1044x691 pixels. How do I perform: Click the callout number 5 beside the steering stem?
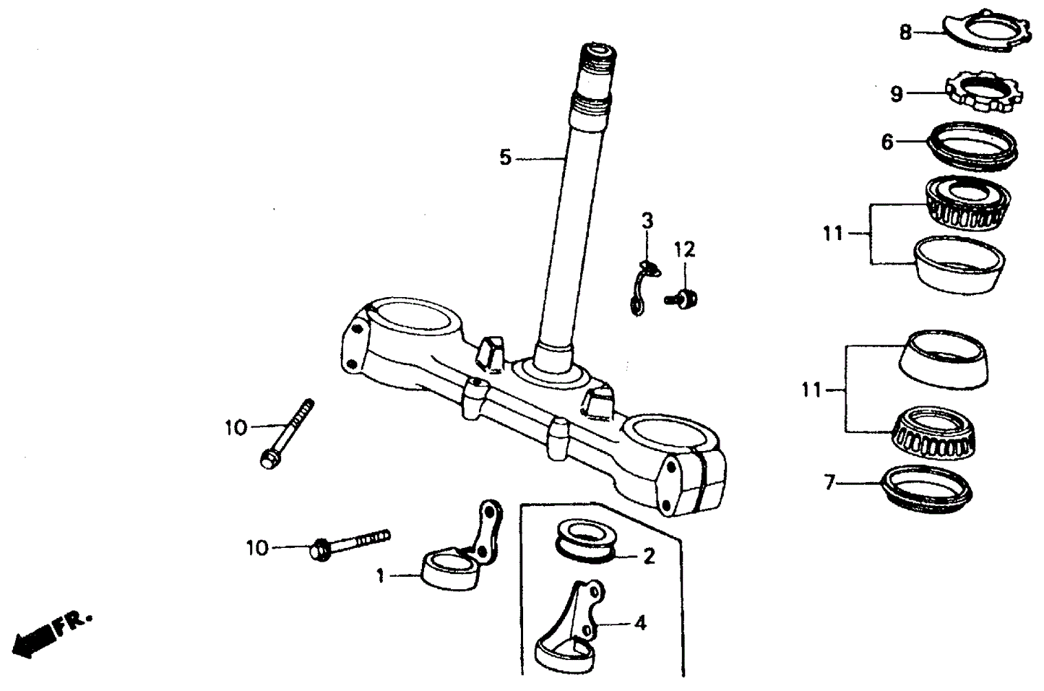click(x=505, y=157)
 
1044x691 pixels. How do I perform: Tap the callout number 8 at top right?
click(x=905, y=32)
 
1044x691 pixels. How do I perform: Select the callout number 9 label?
click(x=897, y=94)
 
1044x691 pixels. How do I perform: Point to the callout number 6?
click(x=887, y=142)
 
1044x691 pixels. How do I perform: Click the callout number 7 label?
click(x=829, y=481)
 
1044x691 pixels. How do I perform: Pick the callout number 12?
click(x=684, y=250)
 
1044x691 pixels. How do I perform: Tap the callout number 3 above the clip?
click(x=647, y=220)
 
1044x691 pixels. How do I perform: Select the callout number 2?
click(x=648, y=556)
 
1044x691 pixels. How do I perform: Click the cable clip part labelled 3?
click(x=640, y=288)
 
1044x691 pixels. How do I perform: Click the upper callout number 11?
click(x=832, y=234)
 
